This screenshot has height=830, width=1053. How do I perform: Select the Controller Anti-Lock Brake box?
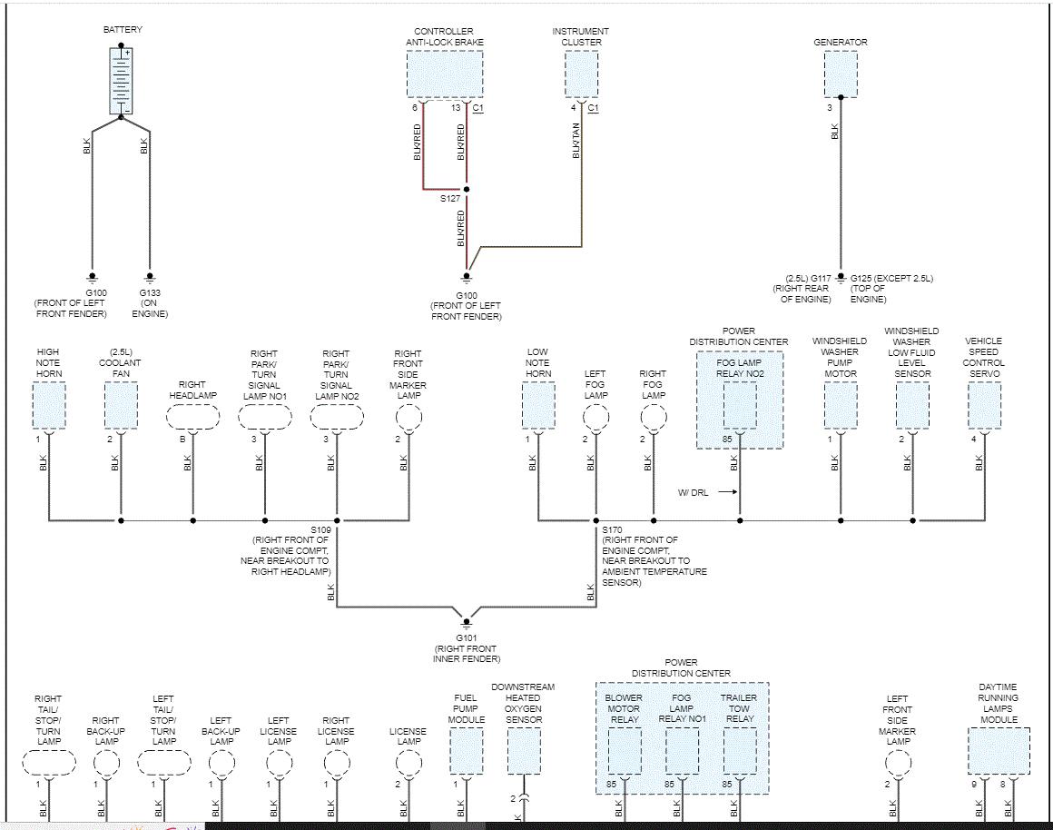click(x=444, y=74)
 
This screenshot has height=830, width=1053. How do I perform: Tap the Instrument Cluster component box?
click(x=582, y=74)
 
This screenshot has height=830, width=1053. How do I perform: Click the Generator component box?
click(x=841, y=74)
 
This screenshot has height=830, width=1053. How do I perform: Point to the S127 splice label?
click(x=450, y=197)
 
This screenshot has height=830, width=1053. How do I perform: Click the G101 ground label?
click(x=467, y=637)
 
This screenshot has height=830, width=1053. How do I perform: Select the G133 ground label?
click(x=150, y=292)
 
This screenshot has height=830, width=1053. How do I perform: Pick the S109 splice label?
click(x=321, y=529)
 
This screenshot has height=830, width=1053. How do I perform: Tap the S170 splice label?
click(x=613, y=529)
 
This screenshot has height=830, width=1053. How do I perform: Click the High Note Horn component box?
click(x=49, y=405)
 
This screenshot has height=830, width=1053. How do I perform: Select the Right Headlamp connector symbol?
click(x=192, y=417)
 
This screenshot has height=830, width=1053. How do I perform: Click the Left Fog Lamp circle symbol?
click(x=595, y=417)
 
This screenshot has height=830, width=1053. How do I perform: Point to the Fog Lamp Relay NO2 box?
click(x=740, y=405)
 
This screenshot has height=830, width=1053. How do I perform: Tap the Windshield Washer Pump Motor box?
click(x=841, y=405)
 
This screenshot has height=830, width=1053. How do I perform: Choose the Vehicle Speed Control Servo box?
click(x=985, y=405)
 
